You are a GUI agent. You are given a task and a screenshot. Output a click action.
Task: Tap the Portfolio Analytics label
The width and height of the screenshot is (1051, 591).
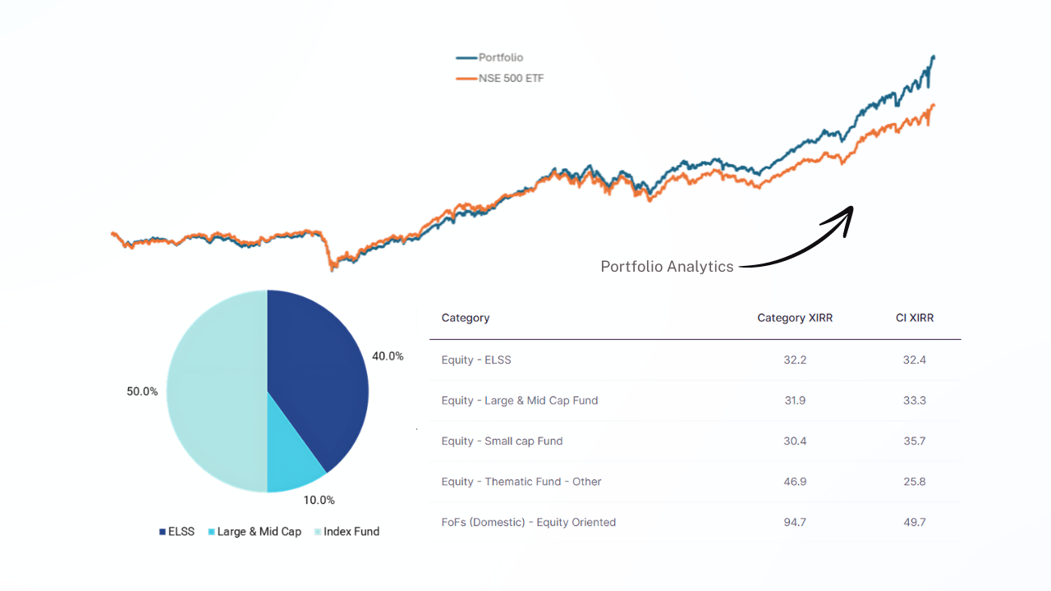coord(667,267)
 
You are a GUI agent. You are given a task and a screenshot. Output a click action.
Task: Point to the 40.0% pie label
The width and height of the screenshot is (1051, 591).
coord(388,356)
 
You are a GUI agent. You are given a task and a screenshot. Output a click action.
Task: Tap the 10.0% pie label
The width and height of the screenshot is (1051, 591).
coord(319,500)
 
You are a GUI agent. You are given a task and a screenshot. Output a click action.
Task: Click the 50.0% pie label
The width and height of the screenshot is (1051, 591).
coord(142,392)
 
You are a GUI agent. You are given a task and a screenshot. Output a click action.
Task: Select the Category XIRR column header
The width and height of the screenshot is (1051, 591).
coord(795,318)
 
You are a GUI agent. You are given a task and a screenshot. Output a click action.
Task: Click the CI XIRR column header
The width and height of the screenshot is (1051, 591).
coord(915,318)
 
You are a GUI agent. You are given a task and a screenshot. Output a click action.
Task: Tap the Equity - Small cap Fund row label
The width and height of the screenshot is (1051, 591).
coord(502,441)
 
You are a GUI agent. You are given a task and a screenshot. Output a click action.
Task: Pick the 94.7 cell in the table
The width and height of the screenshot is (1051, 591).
coord(795,522)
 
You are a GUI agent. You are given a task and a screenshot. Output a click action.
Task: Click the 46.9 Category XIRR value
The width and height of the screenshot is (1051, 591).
coord(795,482)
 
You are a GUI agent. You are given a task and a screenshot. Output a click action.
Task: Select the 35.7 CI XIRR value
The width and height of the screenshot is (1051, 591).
coord(915,441)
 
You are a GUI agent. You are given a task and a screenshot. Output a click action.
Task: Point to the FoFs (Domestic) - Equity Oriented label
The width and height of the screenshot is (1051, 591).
coord(528,522)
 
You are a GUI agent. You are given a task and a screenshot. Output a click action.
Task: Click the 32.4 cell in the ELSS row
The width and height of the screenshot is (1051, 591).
coord(915,360)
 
